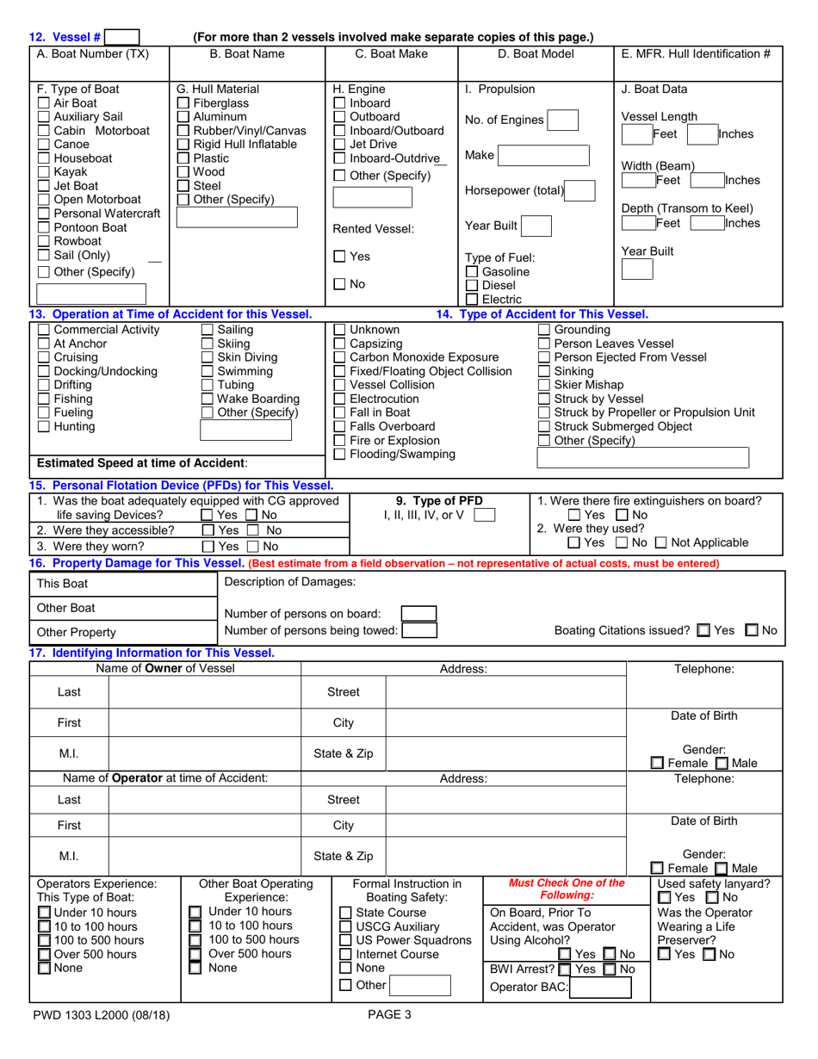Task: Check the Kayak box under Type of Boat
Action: click(44, 172)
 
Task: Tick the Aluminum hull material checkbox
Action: click(183, 116)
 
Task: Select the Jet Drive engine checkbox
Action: click(339, 145)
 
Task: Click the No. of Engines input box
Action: click(562, 120)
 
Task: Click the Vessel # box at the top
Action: click(121, 37)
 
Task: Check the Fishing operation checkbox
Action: click(44, 399)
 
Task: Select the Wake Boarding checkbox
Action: click(207, 399)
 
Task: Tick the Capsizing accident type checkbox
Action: click(339, 344)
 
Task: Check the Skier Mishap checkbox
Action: click(544, 385)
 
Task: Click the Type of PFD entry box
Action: click(485, 516)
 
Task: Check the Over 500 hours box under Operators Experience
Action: click(44, 954)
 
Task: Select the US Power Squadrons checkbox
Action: click(345, 940)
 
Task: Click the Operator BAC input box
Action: click(598, 987)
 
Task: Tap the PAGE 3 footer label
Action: click(389, 1014)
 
